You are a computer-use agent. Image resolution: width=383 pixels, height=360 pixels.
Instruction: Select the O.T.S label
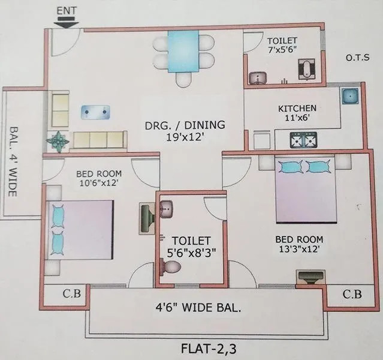click(358, 58)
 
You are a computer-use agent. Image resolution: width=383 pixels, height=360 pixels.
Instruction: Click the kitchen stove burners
click(303, 141)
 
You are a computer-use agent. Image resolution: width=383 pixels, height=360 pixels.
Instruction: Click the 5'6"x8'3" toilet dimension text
click(189, 253)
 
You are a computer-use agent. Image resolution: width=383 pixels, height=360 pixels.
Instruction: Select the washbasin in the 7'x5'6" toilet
click(259, 77)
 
